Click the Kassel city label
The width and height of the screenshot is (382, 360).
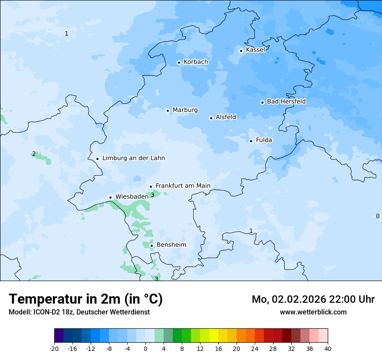click(255, 50)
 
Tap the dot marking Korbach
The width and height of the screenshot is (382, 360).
click(179, 62)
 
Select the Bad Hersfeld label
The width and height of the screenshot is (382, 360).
click(286, 101)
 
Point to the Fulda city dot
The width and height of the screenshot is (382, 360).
click(251, 141)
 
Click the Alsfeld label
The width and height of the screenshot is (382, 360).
click(226, 117)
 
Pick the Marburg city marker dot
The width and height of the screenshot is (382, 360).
click(168, 111)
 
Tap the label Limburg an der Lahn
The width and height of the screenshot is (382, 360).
click(133, 158)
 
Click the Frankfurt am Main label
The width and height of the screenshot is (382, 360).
click(183, 186)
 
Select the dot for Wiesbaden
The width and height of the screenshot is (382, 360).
click(111, 197)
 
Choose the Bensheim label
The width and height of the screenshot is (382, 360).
click(171, 245)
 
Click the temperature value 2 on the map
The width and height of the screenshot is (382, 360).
click(34, 154)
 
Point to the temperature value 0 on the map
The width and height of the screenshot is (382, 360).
click(377, 216)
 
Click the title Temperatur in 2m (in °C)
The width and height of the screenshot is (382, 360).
click(86, 299)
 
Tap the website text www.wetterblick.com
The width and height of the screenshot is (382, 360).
click(313, 312)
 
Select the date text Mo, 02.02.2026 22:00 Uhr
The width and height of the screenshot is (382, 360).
click(313, 299)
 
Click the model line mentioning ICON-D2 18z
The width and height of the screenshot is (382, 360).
click(79, 312)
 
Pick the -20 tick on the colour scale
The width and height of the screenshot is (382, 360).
click(54, 348)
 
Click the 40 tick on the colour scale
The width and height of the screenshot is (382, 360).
click(328, 348)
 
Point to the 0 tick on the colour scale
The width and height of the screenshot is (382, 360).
click(145, 348)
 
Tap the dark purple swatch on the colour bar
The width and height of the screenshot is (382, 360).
click(59, 336)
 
